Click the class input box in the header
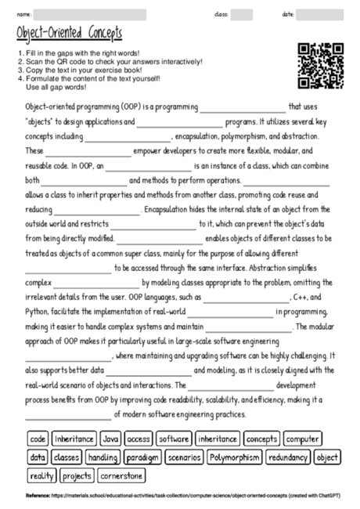[x=241, y=14]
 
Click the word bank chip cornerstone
[x=122, y=475]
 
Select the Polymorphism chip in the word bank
[x=235, y=457]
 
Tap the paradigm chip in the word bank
[x=142, y=457]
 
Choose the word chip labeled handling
[x=103, y=457]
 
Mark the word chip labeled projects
[x=77, y=475]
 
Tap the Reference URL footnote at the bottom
[x=180, y=496]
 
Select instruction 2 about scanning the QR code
[x=110, y=61]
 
